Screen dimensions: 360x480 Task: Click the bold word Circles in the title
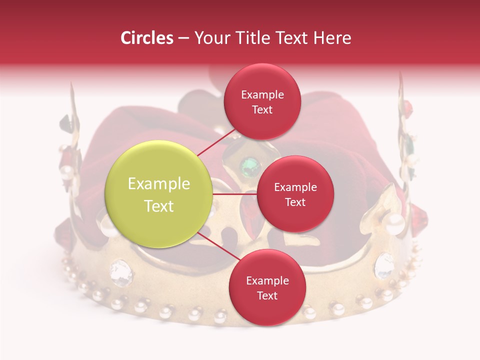[146, 38]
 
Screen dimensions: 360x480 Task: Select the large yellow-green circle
[158, 194]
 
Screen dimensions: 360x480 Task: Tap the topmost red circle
[262, 101]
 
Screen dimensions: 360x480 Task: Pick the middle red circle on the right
[295, 194]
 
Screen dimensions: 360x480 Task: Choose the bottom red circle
[267, 287]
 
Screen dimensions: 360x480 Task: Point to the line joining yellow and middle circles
[234, 194]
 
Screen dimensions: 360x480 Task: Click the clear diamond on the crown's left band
[121, 272]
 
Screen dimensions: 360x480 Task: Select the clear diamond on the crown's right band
[384, 265]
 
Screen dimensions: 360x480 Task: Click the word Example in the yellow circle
[158, 184]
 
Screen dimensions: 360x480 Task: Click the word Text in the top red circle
[262, 109]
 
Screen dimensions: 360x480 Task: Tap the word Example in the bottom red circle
[267, 280]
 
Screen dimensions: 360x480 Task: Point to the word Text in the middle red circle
[295, 202]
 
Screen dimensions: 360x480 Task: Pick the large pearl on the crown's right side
[395, 220]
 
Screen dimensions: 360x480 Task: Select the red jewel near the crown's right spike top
[408, 107]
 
